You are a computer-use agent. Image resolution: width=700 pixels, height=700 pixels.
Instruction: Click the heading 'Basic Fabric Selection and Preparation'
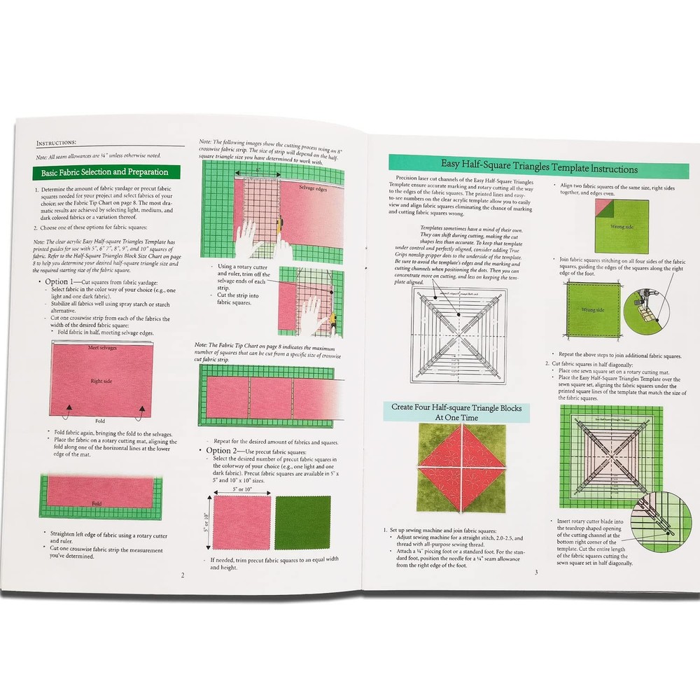[105, 172]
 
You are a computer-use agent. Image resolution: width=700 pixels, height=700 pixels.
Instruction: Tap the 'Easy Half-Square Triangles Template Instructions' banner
[538, 169]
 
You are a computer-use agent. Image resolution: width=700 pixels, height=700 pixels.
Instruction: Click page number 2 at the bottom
[183, 575]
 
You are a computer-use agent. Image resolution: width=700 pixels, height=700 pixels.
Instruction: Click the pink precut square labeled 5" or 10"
[241, 522]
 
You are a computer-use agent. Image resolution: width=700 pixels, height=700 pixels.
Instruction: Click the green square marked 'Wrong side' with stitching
[591, 309]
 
